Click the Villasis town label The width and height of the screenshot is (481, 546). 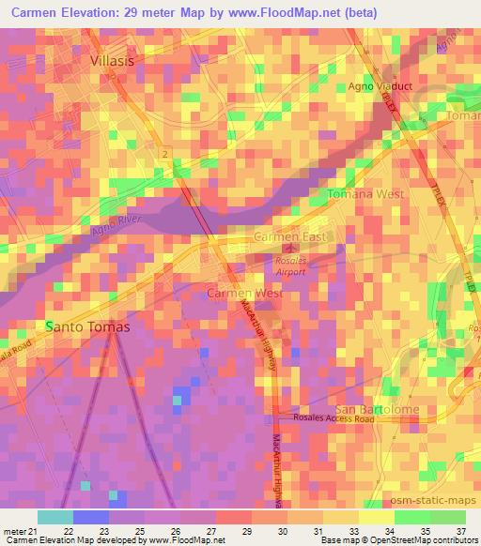pos(119,59)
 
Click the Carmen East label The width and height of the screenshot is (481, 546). pos(290,237)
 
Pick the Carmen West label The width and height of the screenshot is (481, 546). pos(244,294)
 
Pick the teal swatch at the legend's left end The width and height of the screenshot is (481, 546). pos(54,517)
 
